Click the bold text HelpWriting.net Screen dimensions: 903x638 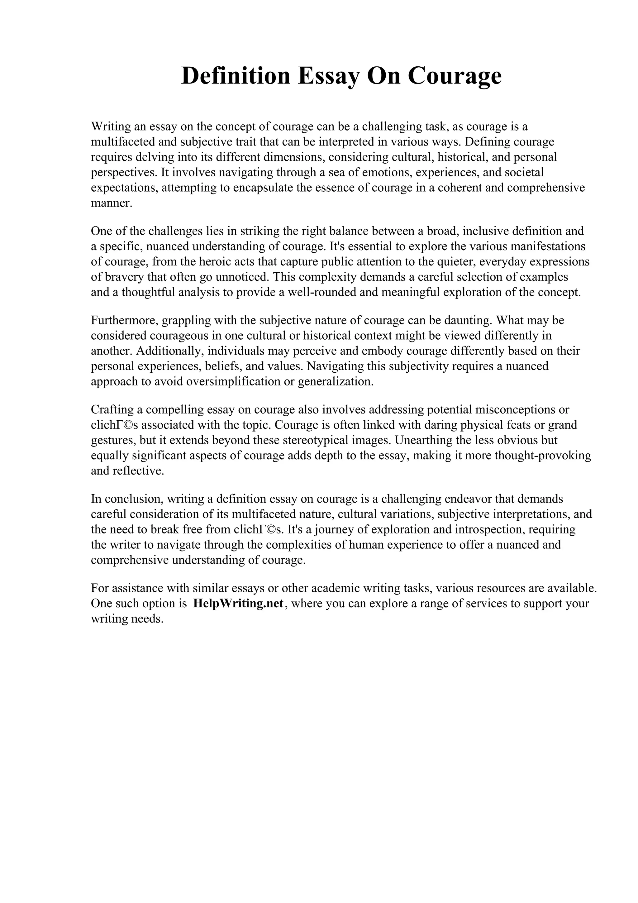click(x=238, y=603)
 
